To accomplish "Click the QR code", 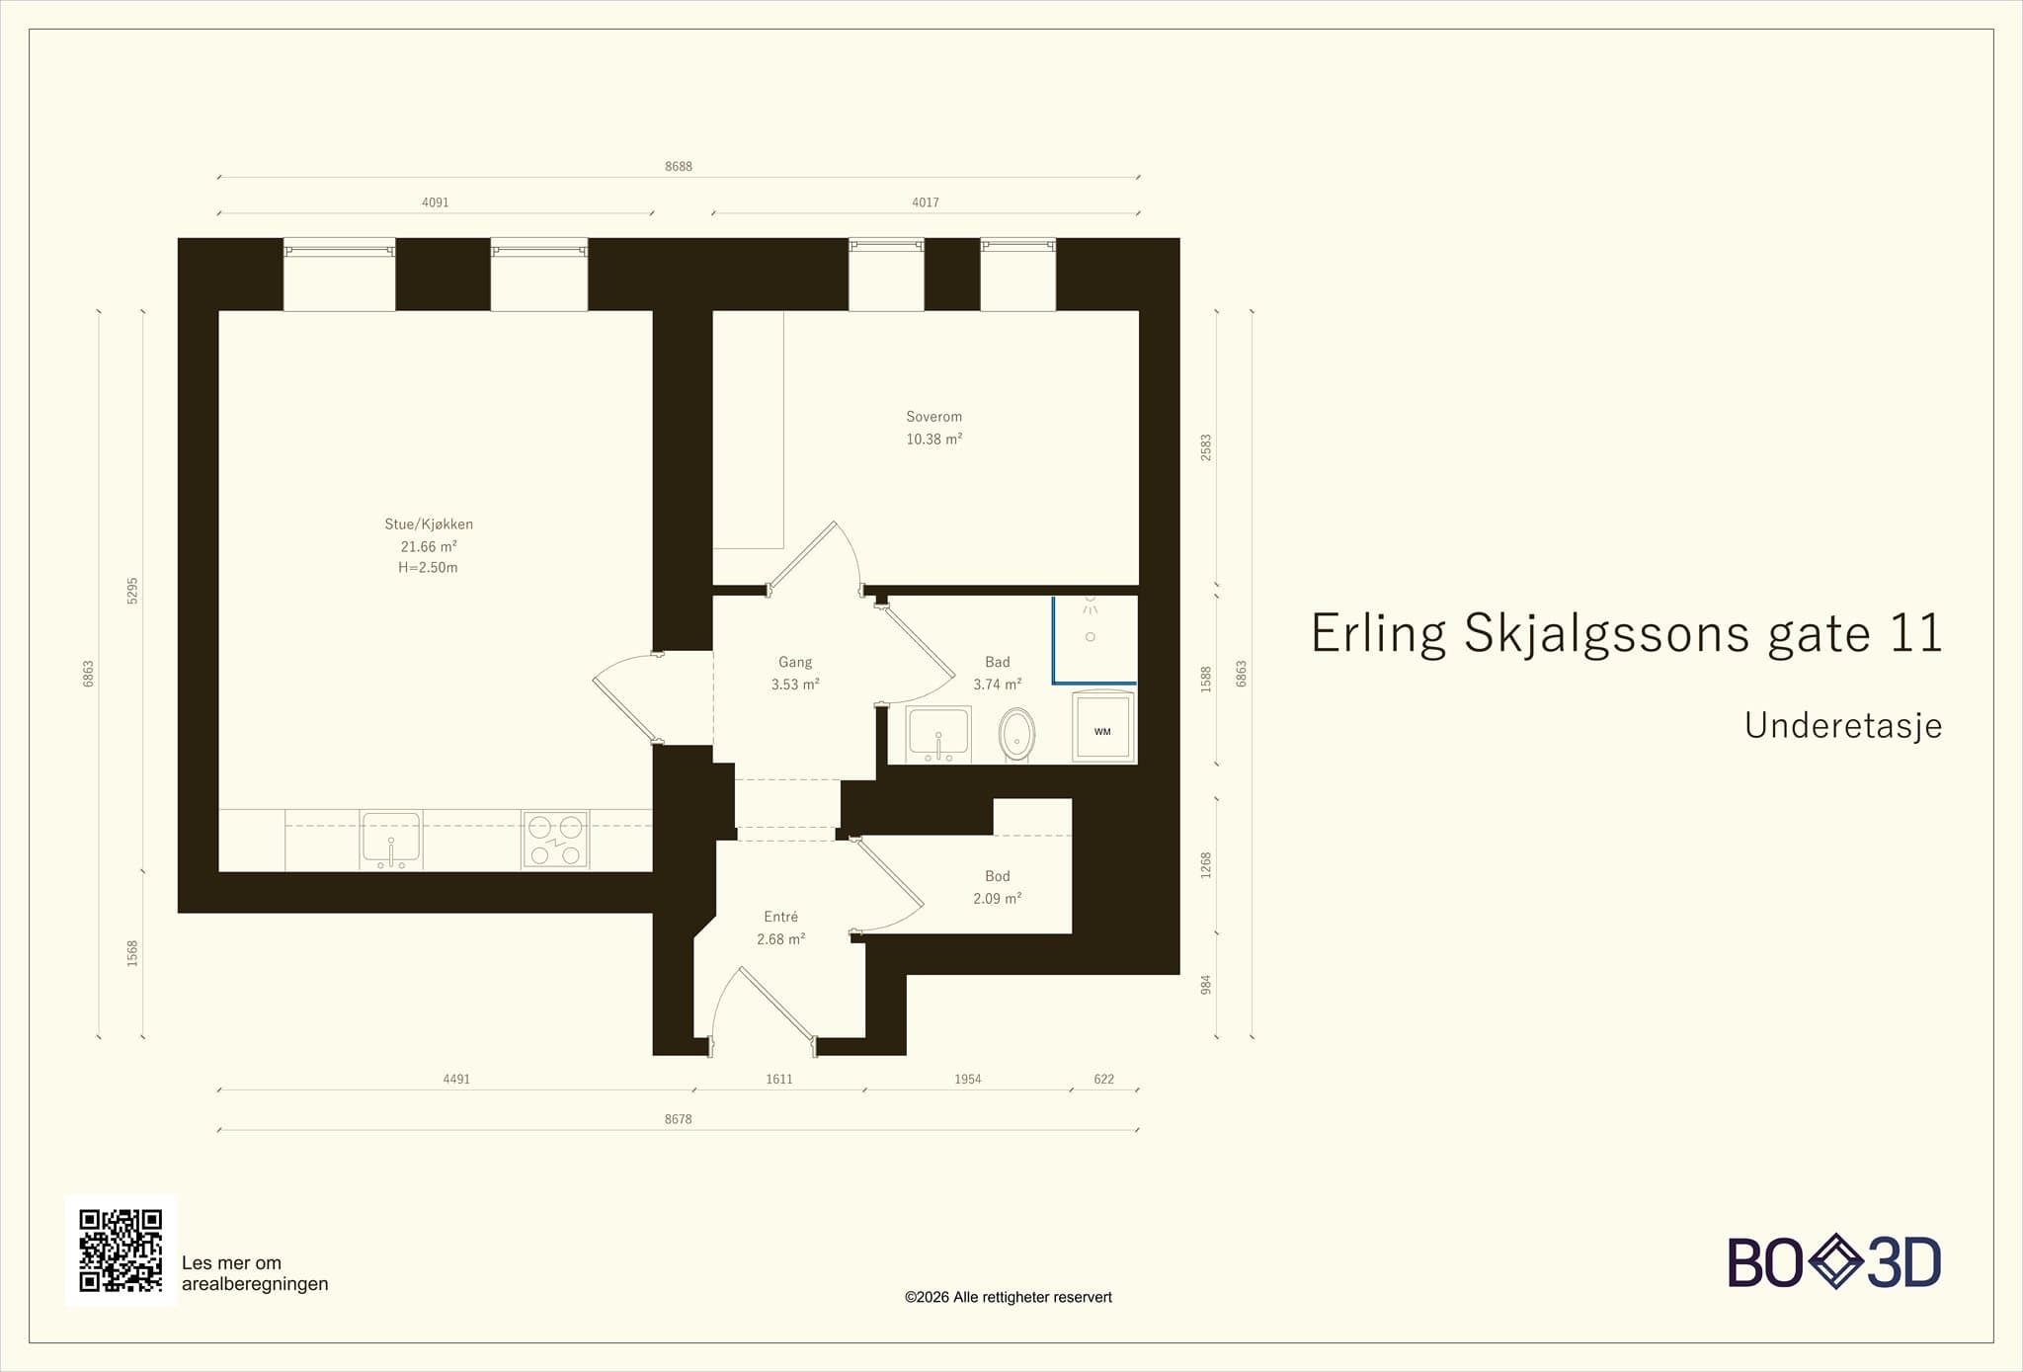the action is [121, 1250].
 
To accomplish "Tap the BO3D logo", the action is [1834, 1261].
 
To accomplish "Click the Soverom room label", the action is [933, 417].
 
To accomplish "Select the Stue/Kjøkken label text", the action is [429, 525].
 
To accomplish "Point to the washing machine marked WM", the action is [1103, 728].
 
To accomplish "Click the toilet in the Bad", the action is [1016, 734].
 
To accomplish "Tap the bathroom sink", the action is [938, 735].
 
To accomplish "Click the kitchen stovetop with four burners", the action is [555, 841].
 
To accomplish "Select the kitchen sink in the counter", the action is [391, 841].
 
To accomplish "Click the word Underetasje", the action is [1843, 726].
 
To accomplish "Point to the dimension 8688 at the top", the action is [679, 167].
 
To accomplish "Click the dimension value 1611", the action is [779, 1080].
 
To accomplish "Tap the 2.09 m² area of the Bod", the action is [998, 899].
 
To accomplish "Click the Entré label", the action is [781, 917].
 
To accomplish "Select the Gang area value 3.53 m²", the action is [795, 685].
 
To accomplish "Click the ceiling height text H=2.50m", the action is [428, 568].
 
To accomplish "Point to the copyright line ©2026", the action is [1009, 1297].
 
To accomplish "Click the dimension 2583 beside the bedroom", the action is [1206, 447].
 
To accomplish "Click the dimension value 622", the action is [1104, 1080].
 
